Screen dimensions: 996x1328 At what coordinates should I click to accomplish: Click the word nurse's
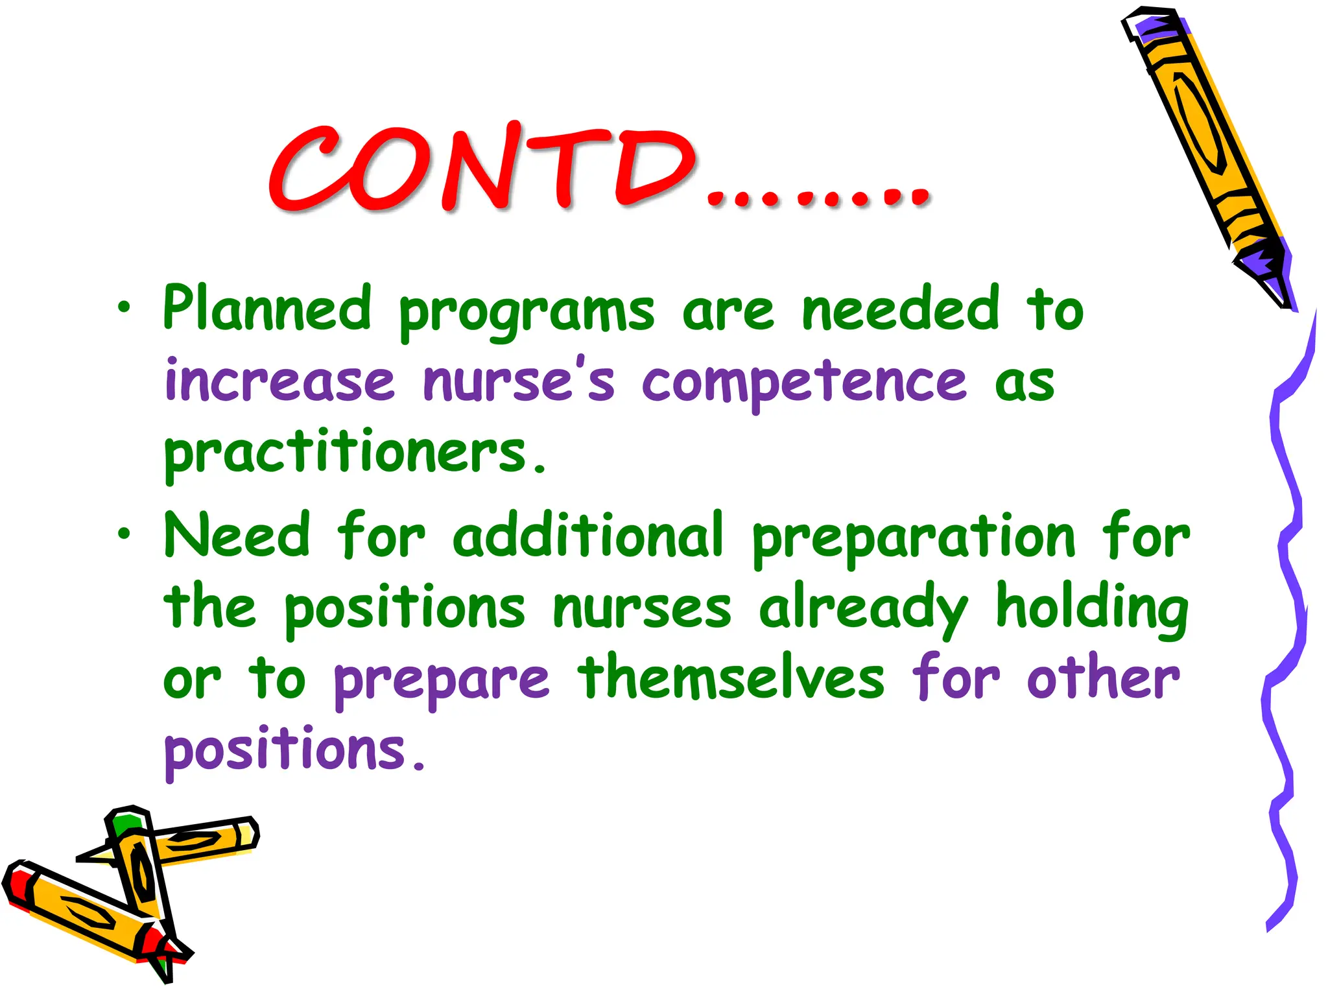[x=519, y=381]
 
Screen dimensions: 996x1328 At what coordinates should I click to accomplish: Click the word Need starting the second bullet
[x=237, y=536]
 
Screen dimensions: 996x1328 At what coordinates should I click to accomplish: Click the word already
[x=862, y=610]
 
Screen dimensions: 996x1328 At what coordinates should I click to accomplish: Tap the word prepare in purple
[x=441, y=682]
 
